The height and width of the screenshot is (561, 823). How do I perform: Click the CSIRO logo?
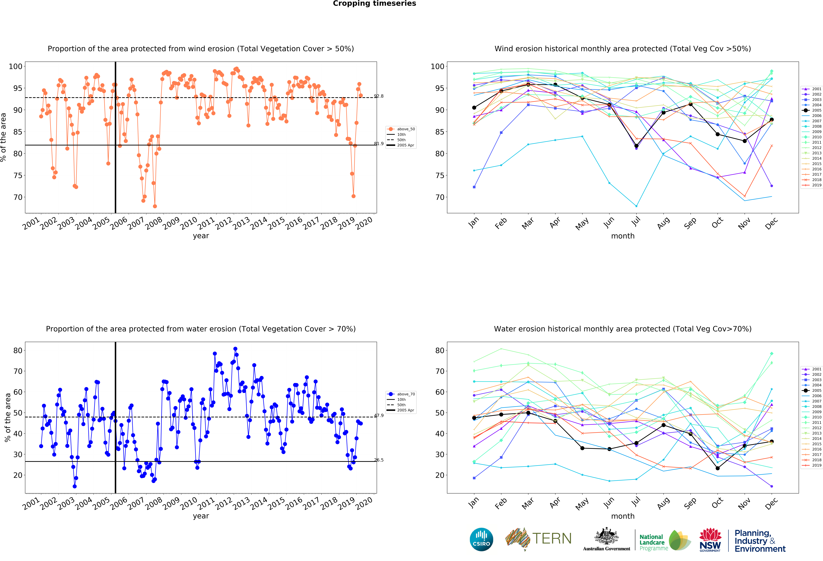coord(481,539)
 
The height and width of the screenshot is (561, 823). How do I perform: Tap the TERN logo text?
coord(552,539)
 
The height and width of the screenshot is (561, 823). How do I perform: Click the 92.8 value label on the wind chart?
coord(379,96)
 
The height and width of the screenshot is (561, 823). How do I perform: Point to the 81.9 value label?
coord(379,143)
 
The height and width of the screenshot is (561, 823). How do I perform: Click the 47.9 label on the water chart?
coord(379,415)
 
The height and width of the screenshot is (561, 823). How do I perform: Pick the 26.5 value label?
coord(379,460)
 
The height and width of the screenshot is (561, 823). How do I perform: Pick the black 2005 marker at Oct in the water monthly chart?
coord(717,468)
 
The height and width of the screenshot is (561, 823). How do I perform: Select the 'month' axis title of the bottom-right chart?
coord(623,516)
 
